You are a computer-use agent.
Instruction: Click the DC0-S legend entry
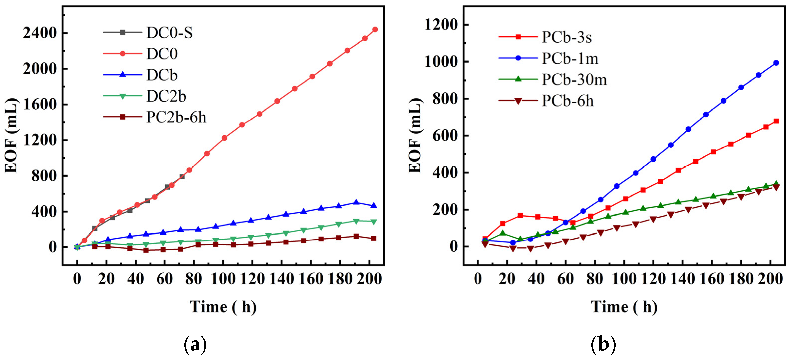[x=169, y=33]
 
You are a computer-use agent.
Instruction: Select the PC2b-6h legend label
[x=176, y=117]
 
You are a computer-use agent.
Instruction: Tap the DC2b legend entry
[x=166, y=96]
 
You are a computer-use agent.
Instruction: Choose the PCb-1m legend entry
[x=570, y=58]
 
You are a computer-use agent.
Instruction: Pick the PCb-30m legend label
[x=574, y=80]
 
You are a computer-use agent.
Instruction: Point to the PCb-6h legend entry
[x=567, y=101]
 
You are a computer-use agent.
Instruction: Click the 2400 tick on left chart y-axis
[x=40, y=33]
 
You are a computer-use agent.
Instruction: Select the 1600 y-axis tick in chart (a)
[x=40, y=105]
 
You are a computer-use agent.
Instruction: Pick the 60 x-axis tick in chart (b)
[x=566, y=279]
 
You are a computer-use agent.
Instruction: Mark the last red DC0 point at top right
[x=375, y=29]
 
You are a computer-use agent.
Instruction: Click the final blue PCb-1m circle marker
[x=776, y=63]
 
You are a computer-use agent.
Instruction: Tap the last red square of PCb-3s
[x=776, y=121]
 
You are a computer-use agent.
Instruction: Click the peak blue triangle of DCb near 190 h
[x=356, y=202]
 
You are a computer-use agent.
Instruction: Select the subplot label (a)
[x=195, y=345]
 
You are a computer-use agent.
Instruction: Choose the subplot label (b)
[x=603, y=345]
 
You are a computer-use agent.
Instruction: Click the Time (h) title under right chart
[x=624, y=307]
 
